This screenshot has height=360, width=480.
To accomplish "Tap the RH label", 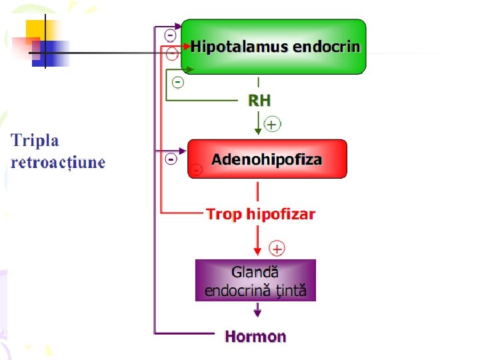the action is (259, 101).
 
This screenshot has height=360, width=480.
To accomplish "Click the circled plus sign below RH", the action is (273, 124).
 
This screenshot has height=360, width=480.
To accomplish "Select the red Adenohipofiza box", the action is (267, 159).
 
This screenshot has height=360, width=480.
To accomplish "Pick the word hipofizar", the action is (281, 214).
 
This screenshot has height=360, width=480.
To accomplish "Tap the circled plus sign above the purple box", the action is (277, 249).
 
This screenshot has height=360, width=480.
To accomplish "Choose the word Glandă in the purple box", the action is (255, 272).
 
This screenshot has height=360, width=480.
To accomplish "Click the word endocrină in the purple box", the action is (235, 291).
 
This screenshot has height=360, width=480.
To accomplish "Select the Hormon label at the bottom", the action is (255, 337).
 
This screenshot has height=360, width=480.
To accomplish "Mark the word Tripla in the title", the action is (35, 141).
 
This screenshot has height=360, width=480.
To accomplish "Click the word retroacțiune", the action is (58, 162).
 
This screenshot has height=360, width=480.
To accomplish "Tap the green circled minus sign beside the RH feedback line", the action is (177, 82).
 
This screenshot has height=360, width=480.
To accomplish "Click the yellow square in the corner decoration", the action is (38, 30).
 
